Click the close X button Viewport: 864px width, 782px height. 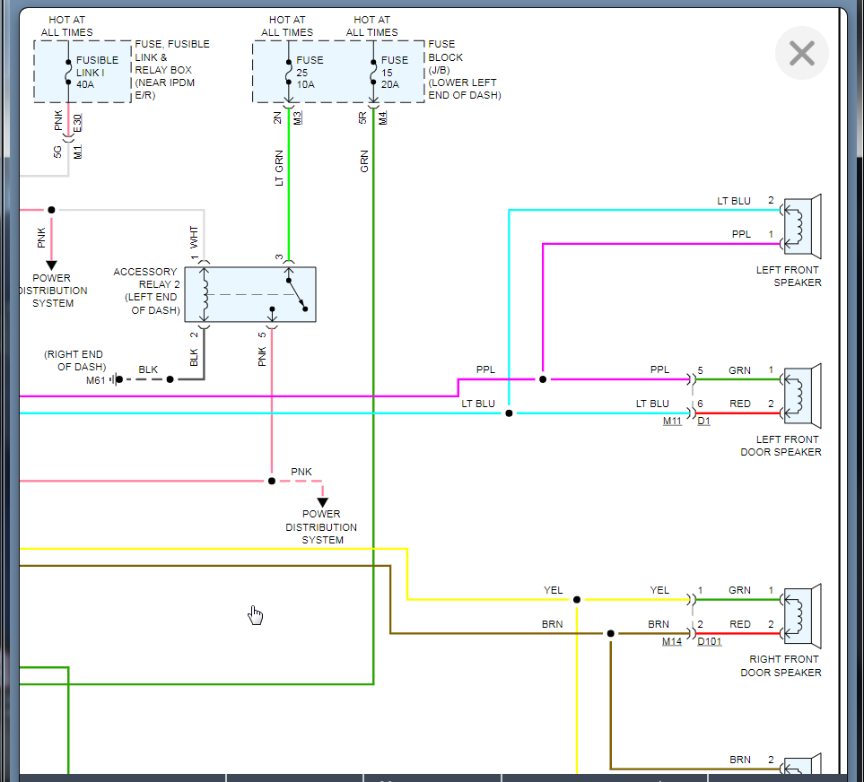pos(801,54)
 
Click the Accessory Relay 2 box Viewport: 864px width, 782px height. pos(250,294)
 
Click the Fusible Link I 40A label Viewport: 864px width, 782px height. pos(97,73)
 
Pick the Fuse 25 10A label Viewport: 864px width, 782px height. pos(310,73)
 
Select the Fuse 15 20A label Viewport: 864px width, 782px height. pos(395,73)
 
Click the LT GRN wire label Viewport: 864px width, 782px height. pos(279,169)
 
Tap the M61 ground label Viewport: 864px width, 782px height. pos(96,380)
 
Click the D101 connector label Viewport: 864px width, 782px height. pos(710,641)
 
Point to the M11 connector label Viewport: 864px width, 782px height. pos(672,421)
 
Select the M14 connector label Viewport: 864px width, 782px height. pos(672,641)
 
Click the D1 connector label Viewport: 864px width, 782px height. pos(703,421)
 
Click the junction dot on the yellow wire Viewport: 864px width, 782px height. pos(577,599)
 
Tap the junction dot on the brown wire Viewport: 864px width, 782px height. pos(611,633)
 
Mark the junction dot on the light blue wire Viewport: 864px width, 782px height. pos(509,413)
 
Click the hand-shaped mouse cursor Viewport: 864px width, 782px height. pos(256,614)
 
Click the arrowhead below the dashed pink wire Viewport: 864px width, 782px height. pos(322,502)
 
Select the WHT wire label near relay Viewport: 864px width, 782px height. pos(194,238)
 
